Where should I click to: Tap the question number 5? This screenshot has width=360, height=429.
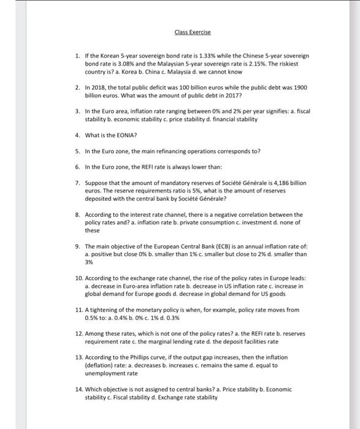click(x=78, y=150)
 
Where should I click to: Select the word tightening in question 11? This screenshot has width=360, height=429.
click(x=100, y=310)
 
